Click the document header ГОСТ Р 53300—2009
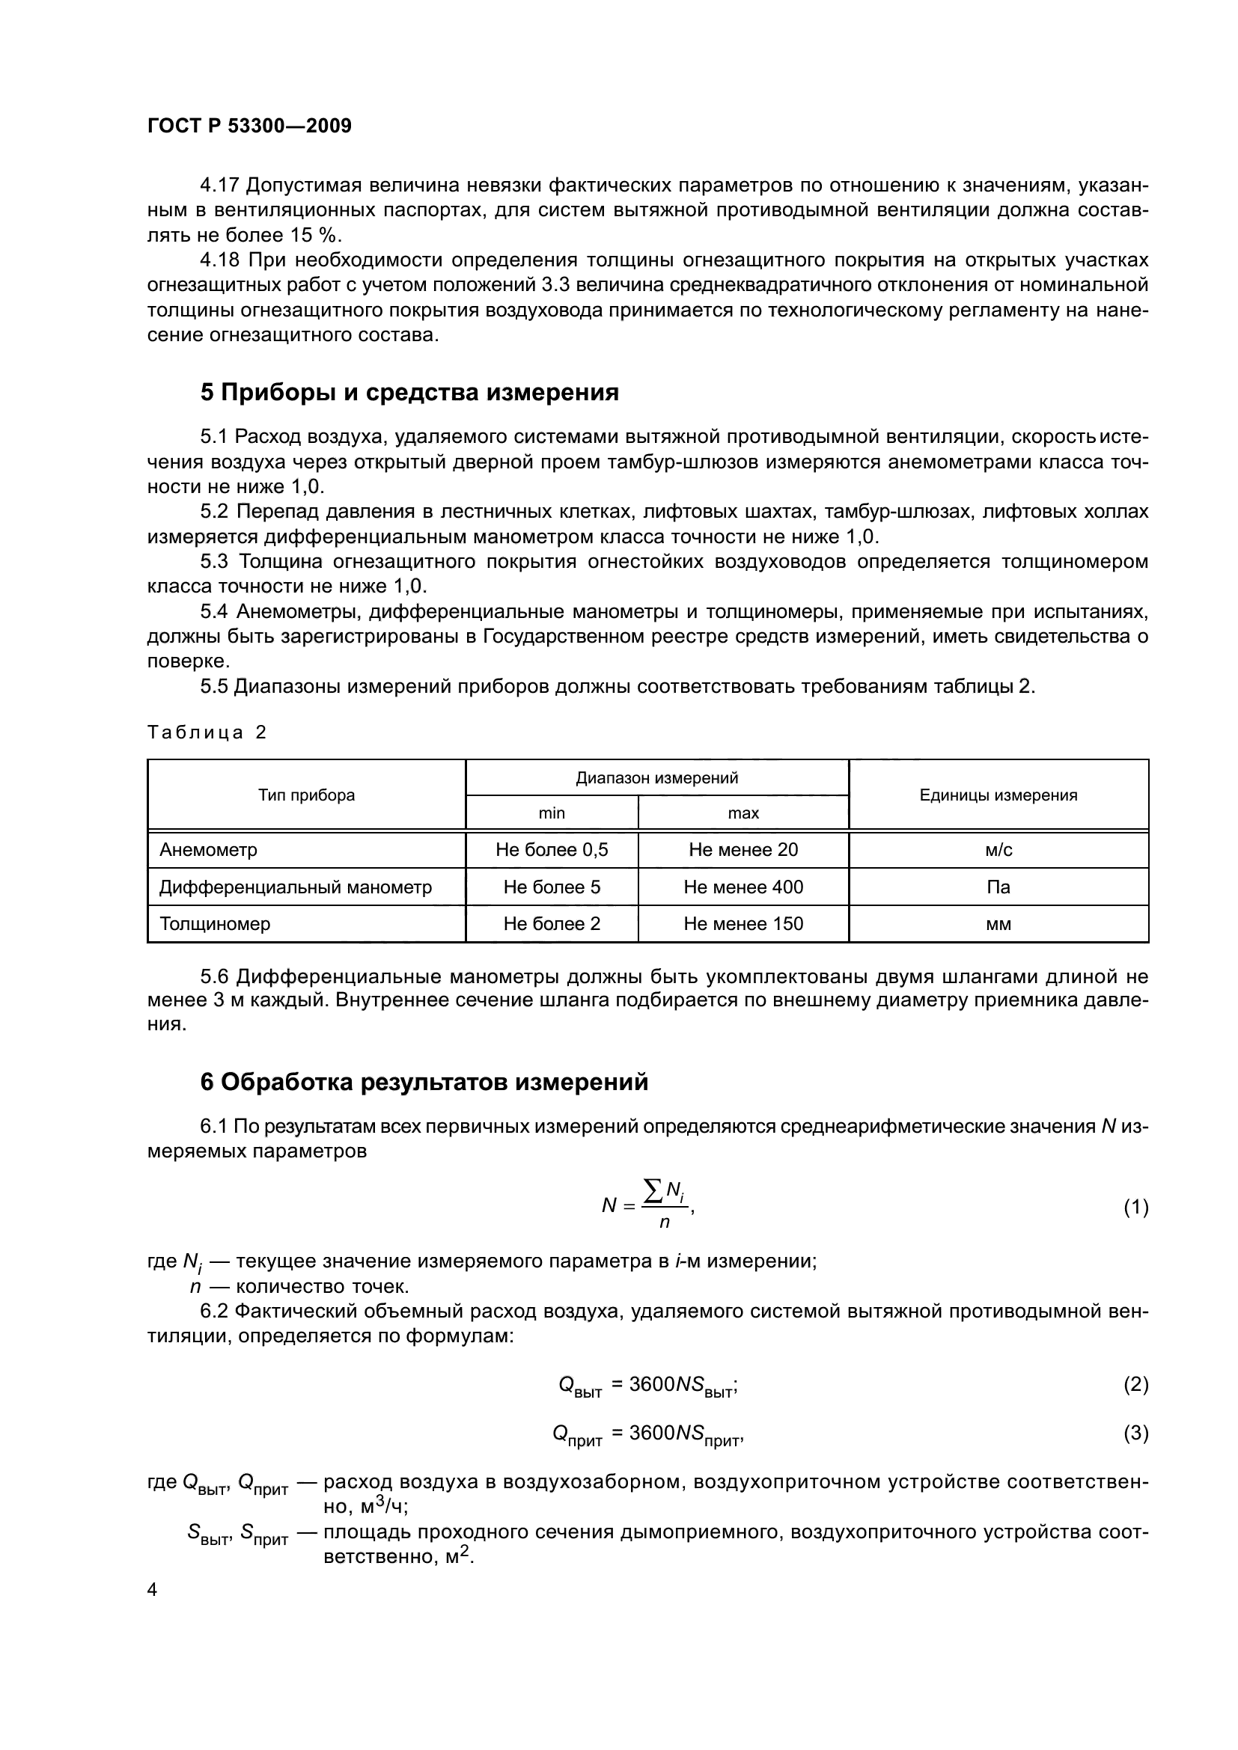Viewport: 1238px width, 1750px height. [x=249, y=126]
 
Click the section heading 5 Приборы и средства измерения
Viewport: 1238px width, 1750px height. [x=409, y=393]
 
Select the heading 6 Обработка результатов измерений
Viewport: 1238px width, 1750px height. [x=424, y=1082]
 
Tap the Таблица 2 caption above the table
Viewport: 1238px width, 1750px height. [x=207, y=732]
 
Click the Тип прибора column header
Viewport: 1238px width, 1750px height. [x=306, y=795]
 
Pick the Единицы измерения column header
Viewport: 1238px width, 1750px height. [x=998, y=795]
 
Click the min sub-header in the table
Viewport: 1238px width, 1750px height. [x=551, y=813]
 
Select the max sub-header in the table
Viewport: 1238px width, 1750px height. [x=743, y=813]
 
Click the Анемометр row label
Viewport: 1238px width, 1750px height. [x=208, y=850]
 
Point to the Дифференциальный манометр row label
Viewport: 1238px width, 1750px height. [x=295, y=887]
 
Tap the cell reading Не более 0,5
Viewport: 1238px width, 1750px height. [x=551, y=850]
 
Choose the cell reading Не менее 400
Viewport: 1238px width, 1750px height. [x=743, y=887]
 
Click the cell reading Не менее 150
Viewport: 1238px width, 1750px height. [x=743, y=924]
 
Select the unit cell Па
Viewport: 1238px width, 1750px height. [x=998, y=887]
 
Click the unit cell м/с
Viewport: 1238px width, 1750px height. [x=998, y=850]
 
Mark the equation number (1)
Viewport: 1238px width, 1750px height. [x=1135, y=1208]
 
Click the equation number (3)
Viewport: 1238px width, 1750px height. [x=1135, y=1434]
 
